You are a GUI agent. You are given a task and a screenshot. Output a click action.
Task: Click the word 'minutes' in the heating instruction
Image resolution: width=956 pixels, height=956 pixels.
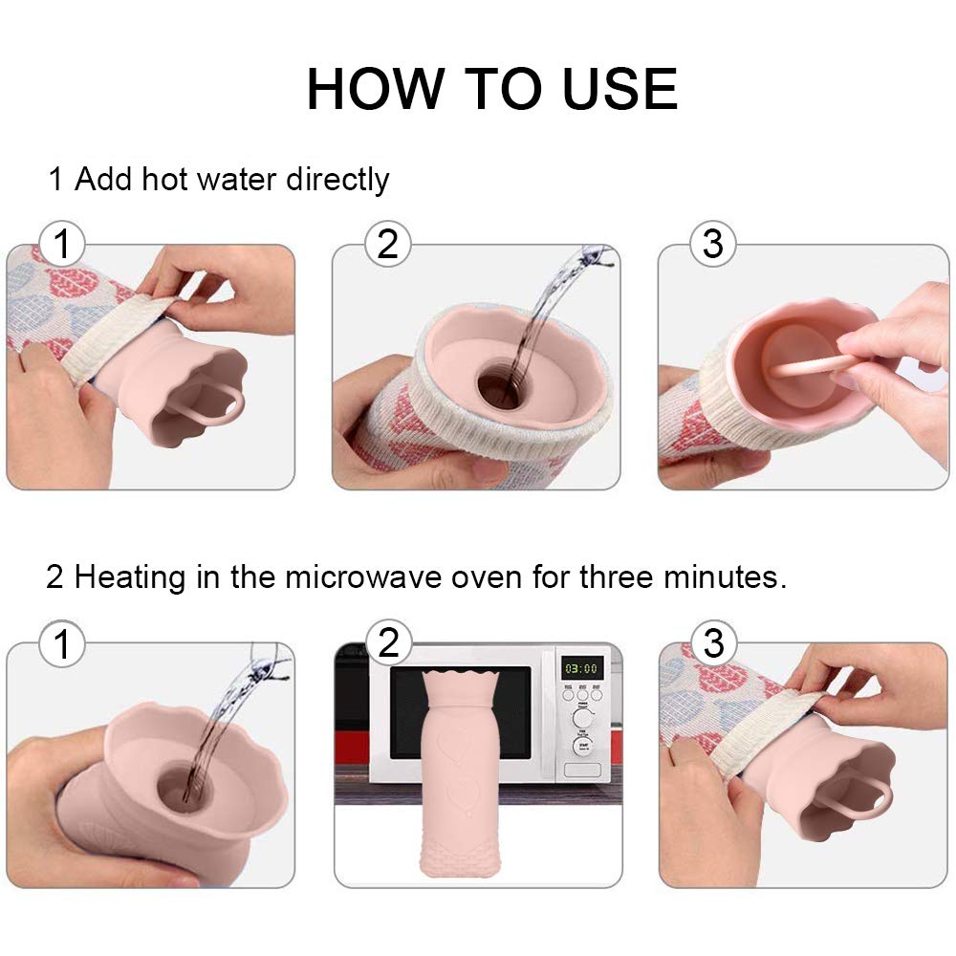(732, 577)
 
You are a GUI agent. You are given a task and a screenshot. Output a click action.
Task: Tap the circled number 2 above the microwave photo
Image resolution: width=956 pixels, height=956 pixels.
(388, 642)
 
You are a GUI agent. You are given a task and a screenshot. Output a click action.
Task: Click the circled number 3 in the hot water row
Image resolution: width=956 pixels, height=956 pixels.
(713, 245)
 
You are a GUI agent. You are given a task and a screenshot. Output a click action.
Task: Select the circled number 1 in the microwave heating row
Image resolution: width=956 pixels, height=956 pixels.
(62, 643)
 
